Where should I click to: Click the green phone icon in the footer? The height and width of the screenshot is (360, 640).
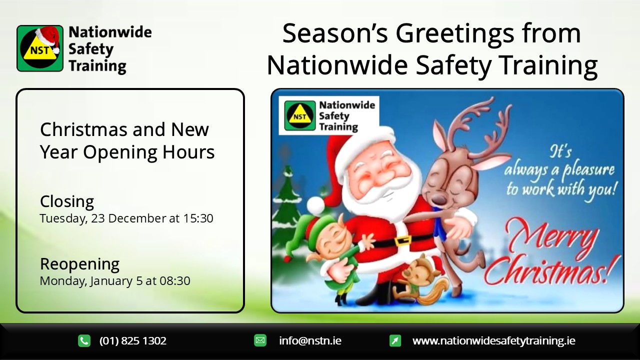coord(84,341)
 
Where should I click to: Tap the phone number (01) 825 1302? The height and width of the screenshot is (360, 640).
coord(133,341)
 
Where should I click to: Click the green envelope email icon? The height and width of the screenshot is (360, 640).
coord(260,340)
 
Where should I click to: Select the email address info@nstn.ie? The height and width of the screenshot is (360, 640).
coord(310,340)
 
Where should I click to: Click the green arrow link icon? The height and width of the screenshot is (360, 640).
coord(395,340)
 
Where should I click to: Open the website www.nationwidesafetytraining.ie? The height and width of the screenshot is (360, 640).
coord(494,340)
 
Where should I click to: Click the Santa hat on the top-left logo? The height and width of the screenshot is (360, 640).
coord(49,38)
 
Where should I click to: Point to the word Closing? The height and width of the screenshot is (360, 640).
coord(67,201)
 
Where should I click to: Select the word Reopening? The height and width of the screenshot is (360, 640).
coord(79,264)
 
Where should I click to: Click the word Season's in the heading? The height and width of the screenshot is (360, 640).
coord(335,33)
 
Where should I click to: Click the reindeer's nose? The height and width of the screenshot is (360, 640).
coord(437,199)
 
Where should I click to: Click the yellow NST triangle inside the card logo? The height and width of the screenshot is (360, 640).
coord(300,114)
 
